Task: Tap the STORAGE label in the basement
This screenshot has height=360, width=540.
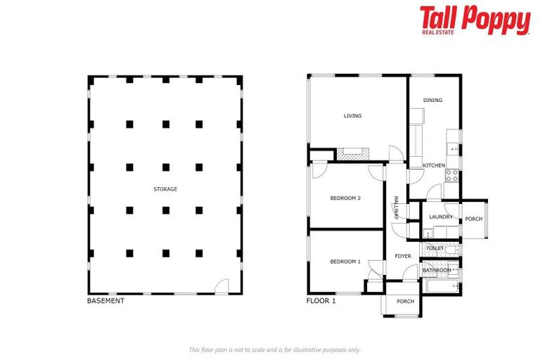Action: coord(165,189)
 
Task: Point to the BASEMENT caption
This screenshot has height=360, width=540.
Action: coord(105,301)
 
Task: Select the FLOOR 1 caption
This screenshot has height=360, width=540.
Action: coord(321,301)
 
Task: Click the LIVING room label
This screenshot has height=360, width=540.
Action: coord(352,116)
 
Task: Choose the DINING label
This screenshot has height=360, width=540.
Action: coord(432,100)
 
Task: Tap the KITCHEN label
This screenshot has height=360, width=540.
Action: coord(434,165)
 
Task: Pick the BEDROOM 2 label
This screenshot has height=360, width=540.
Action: coord(345,198)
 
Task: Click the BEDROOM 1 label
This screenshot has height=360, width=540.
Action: coord(345,262)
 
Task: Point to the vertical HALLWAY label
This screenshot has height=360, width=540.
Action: coord(396,207)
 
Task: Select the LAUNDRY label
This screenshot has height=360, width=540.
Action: coord(441,217)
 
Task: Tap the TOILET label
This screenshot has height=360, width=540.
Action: coord(435,248)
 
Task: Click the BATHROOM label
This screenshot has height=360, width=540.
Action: coord(437,270)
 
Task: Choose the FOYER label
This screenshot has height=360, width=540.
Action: coord(403,256)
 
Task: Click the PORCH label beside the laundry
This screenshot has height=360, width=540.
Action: coord(474,219)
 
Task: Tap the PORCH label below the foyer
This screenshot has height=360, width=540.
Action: coord(405,302)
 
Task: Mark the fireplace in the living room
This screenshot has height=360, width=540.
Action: coord(351,153)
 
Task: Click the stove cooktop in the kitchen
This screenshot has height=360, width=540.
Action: coord(451,176)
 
